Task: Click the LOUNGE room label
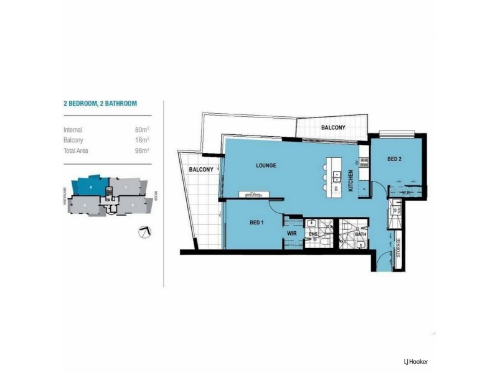pos(265,166)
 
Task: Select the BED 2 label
pos(394,159)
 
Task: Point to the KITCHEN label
pos(351,180)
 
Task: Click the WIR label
pos(291,233)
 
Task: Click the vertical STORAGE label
pos(398,247)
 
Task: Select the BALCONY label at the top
pos(333,128)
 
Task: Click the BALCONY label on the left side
pos(202,170)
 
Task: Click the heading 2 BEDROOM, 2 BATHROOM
pos(100,104)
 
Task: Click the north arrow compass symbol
pos(145,232)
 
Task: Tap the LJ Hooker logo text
pos(415,361)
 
